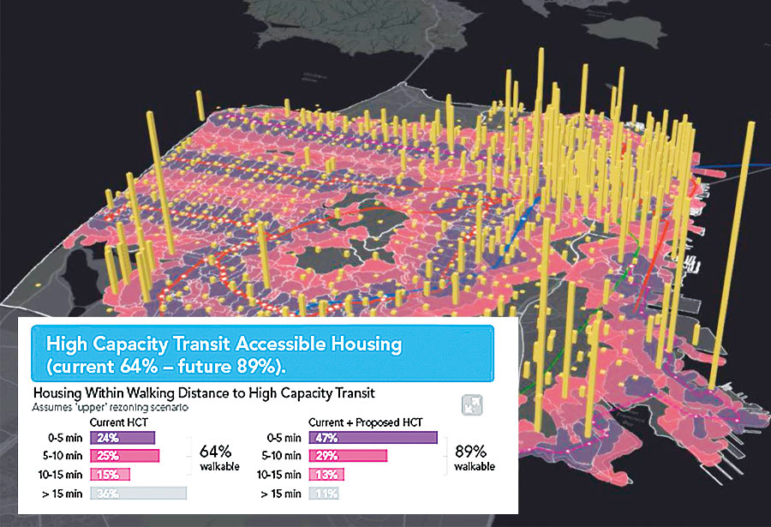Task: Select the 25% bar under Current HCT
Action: pos(123,456)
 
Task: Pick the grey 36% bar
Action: pos(137,493)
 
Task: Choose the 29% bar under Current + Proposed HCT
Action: pos(346,456)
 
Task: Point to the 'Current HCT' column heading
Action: pos(117,422)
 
